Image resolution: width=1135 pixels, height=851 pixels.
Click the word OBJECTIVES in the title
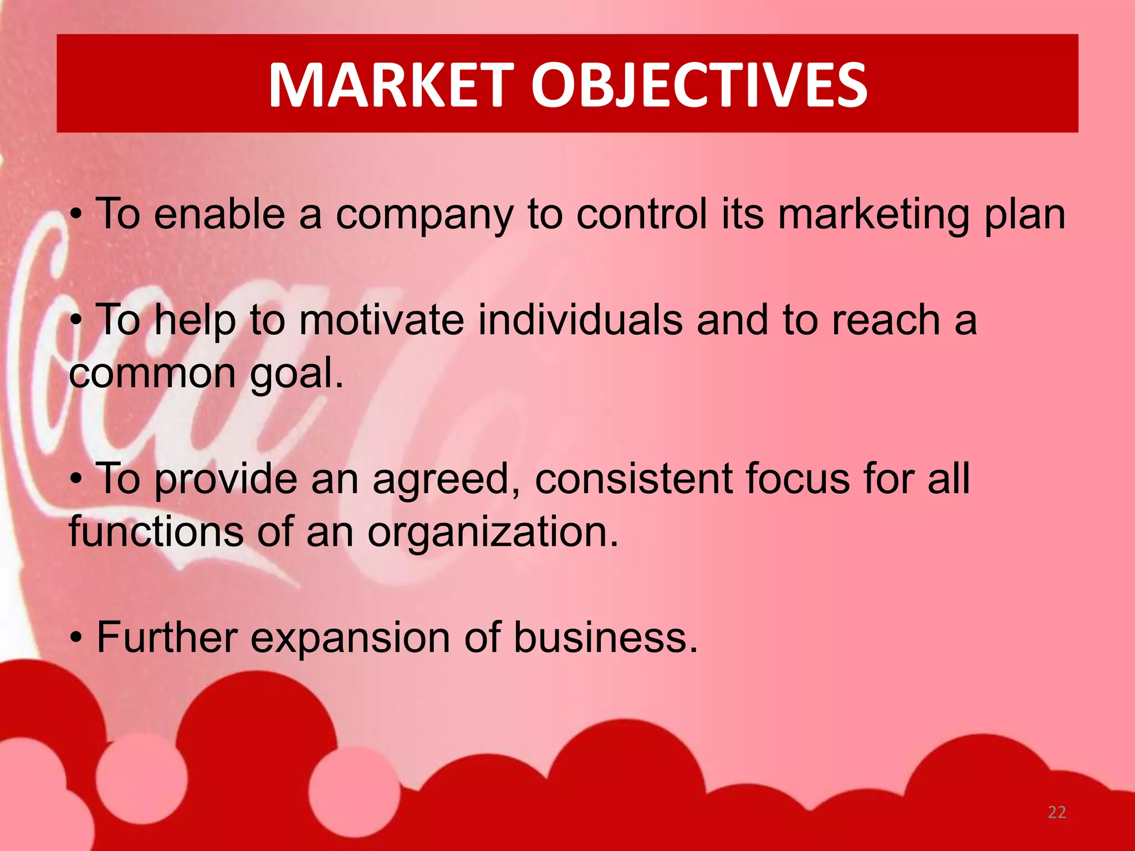pos(699,85)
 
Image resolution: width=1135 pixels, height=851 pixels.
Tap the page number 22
pos(1057,812)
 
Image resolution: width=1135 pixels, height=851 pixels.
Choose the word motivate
pos(381,321)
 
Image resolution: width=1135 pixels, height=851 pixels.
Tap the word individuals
pos(580,321)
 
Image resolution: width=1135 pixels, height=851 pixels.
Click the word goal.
pos(296,375)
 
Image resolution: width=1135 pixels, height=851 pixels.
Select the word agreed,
pos(446,479)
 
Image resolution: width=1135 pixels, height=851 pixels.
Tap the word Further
pos(167,638)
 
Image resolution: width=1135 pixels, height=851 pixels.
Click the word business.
pos(605,638)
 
